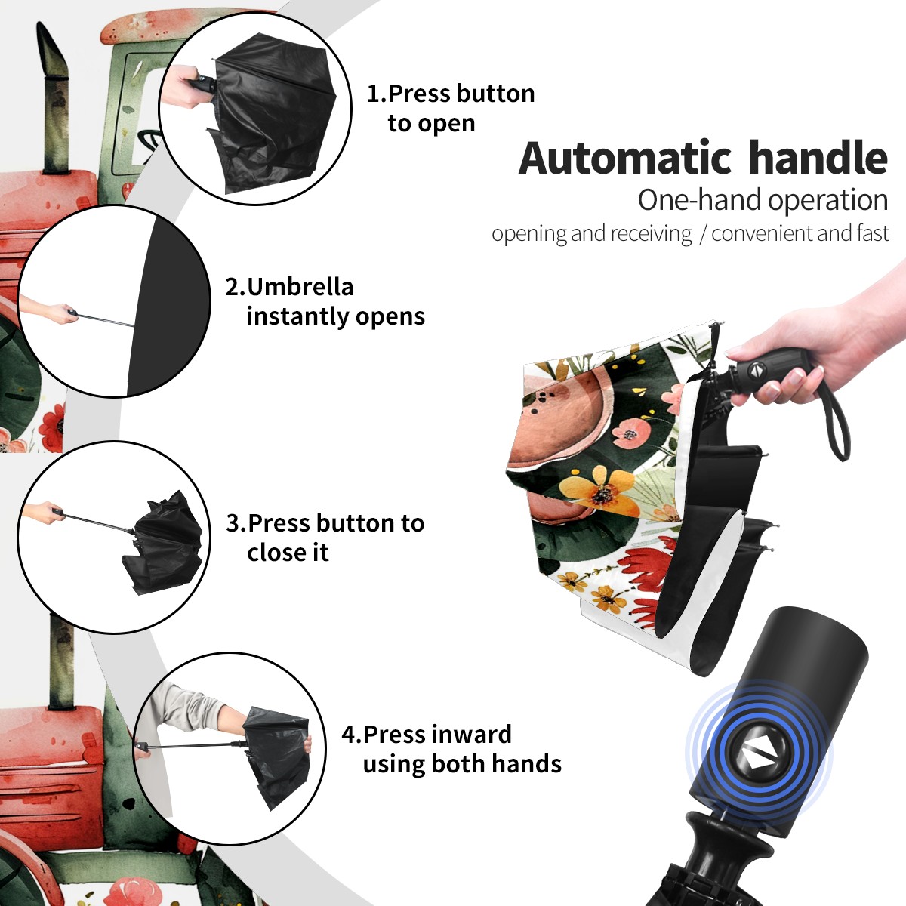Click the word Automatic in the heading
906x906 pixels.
625,159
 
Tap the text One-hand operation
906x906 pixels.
763,200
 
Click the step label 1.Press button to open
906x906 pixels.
451,109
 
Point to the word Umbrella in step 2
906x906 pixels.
300,287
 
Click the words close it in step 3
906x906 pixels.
288,552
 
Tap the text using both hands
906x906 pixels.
462,764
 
